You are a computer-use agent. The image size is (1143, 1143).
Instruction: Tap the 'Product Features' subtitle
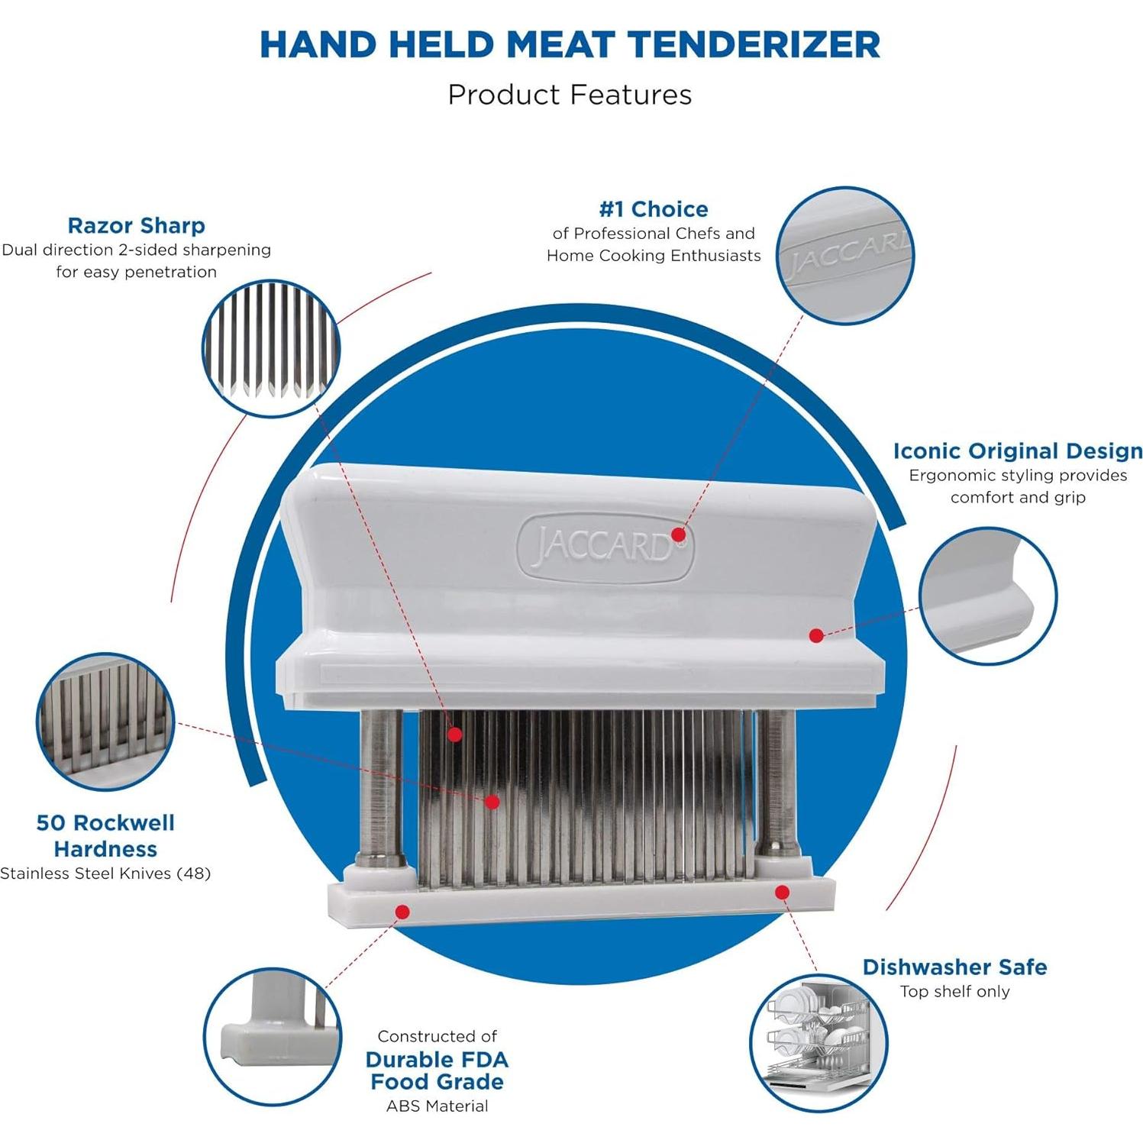(x=570, y=95)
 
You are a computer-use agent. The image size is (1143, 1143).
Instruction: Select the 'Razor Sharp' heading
(x=136, y=226)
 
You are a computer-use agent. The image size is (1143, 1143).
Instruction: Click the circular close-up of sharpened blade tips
(x=271, y=348)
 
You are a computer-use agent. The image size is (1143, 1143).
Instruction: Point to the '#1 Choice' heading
(x=654, y=209)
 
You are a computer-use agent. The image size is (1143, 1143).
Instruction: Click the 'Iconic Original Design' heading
(x=1018, y=451)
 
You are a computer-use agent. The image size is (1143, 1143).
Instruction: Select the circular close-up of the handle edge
(x=987, y=596)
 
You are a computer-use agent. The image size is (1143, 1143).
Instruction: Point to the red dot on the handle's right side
(x=816, y=635)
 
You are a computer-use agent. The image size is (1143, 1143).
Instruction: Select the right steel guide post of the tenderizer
(x=776, y=779)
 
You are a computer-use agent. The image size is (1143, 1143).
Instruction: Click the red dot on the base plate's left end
(x=403, y=912)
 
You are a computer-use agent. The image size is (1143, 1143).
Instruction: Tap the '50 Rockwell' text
(x=105, y=823)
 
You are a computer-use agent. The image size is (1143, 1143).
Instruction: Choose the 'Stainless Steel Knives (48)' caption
(x=105, y=873)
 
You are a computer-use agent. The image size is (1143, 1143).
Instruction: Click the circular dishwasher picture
(x=818, y=1042)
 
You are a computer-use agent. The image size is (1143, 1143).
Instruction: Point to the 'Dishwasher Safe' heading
(x=954, y=967)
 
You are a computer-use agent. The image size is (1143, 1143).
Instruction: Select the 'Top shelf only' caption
(x=954, y=992)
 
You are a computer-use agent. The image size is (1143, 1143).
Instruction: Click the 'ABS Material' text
(x=437, y=1106)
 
